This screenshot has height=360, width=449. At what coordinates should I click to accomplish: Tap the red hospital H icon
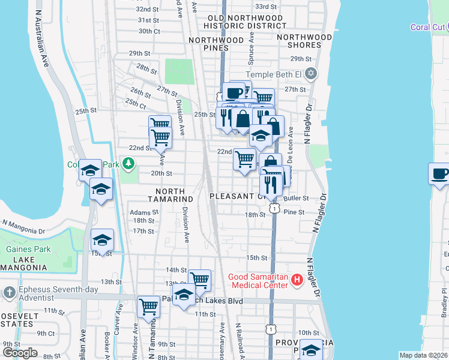295,280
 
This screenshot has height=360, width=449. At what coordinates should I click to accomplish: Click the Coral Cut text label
427,27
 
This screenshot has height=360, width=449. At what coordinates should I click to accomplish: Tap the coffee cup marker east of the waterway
441,175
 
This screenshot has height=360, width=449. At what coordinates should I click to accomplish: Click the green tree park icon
128,163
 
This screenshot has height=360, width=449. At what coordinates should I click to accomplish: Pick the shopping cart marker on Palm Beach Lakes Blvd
148,307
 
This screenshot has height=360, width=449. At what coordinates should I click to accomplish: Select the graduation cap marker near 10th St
310,350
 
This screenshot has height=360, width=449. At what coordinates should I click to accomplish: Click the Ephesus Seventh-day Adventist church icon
8,292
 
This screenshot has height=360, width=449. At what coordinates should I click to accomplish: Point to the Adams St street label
144,212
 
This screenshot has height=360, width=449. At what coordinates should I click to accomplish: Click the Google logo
20,352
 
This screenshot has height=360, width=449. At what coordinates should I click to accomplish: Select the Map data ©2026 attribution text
424,355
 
